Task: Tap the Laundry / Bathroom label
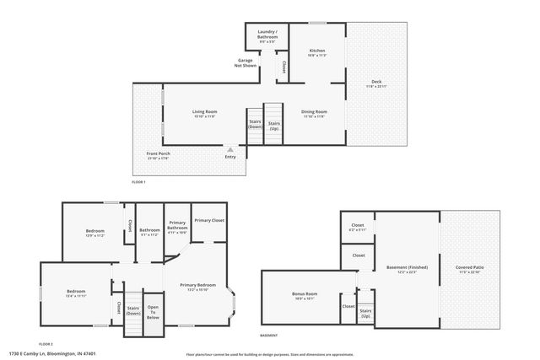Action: (x=267, y=35)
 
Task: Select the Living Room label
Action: (x=204, y=113)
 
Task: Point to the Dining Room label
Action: (x=315, y=113)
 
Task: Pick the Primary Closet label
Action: (x=208, y=221)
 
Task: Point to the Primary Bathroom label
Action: (x=177, y=225)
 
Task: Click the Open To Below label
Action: (x=153, y=311)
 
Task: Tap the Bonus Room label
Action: (x=304, y=295)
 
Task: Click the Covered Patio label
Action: (x=469, y=269)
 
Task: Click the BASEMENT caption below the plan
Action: (x=269, y=335)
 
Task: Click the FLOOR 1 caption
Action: (x=139, y=182)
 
